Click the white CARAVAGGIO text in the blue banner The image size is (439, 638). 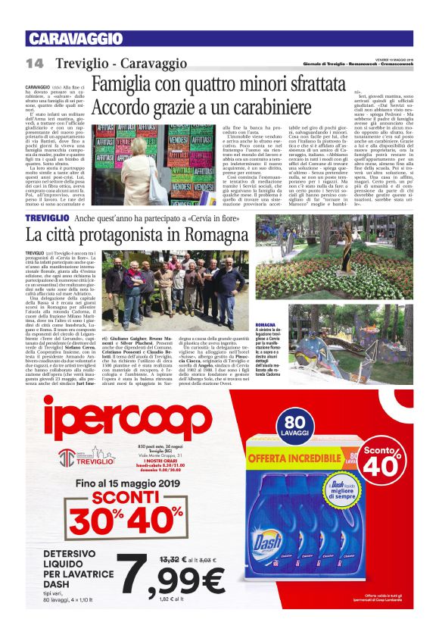(x=67, y=39)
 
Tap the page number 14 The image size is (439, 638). (x=34, y=62)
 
